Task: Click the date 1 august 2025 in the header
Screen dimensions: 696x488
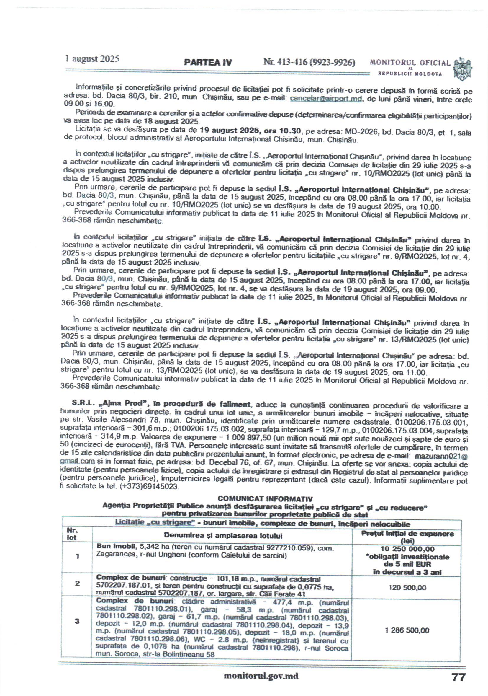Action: (x=92, y=58)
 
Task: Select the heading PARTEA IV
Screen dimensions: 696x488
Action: (x=208, y=62)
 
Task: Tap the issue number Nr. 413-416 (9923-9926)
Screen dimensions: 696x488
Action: (x=309, y=62)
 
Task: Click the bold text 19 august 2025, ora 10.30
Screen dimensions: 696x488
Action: (x=250, y=131)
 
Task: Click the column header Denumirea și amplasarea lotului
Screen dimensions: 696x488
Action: (x=223, y=535)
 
